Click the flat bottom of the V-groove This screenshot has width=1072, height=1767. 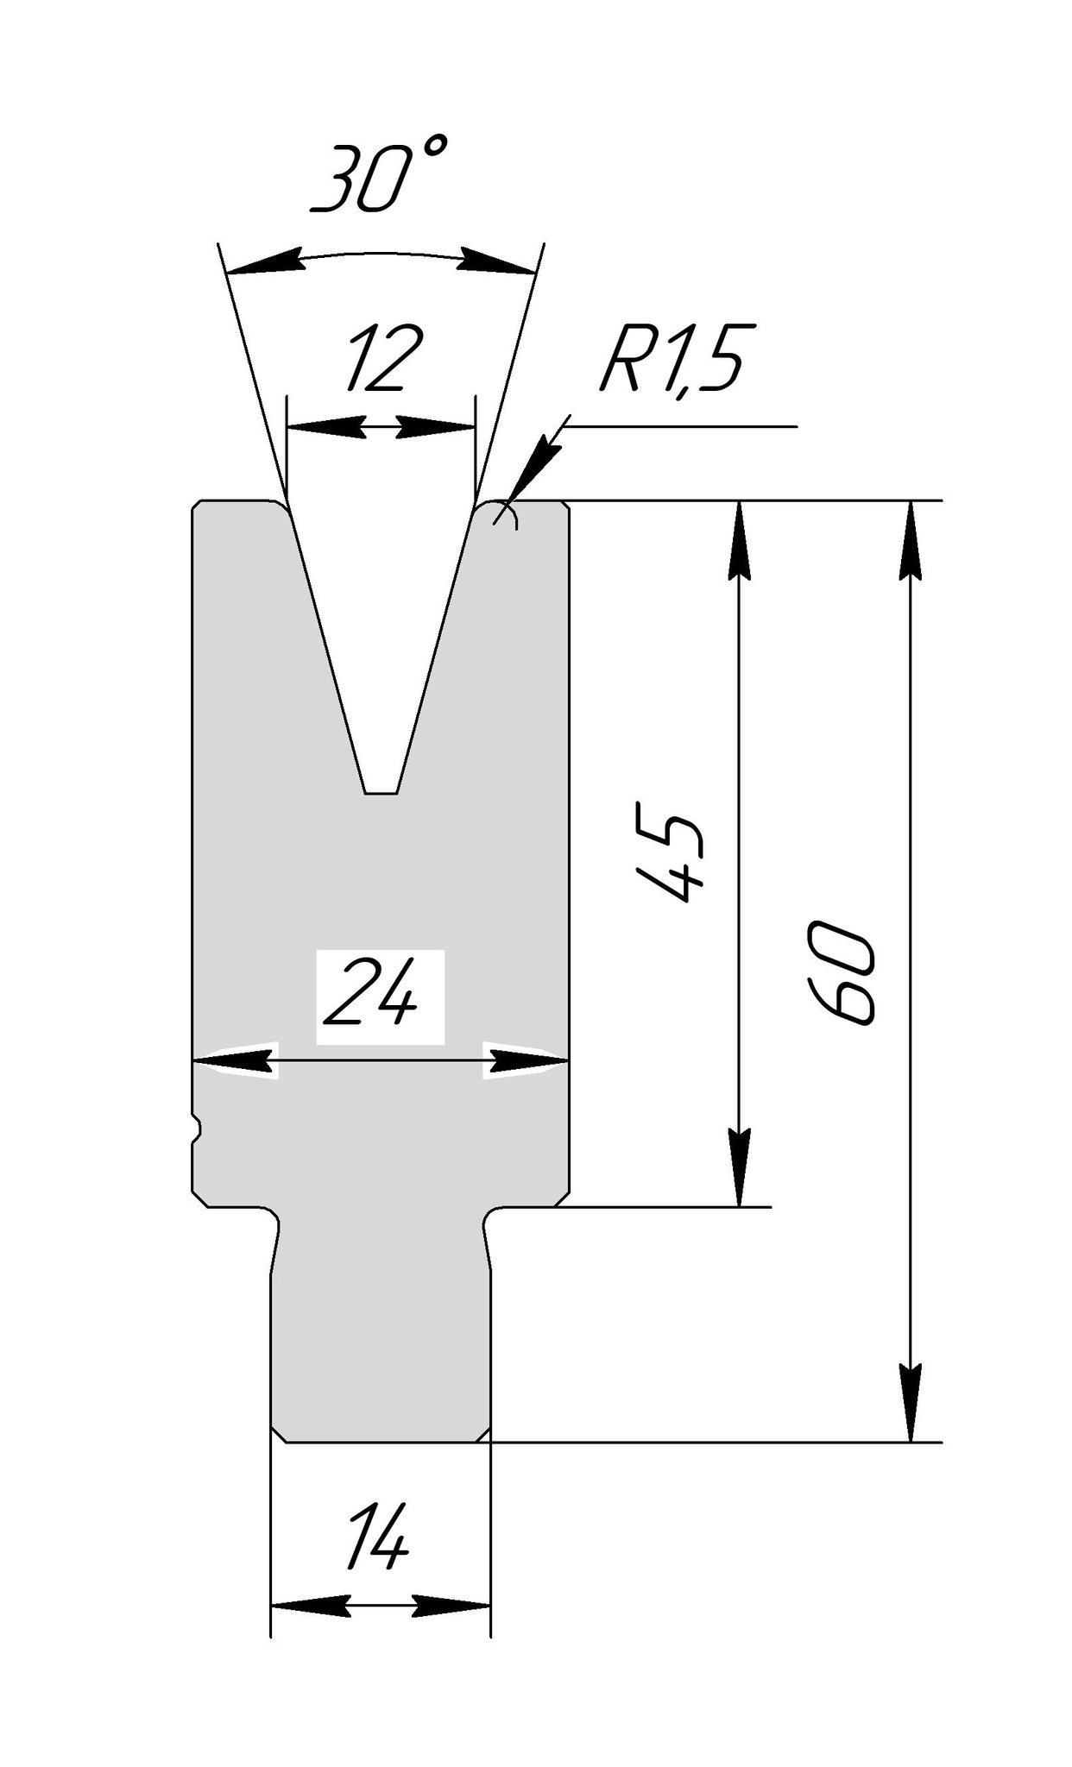(381, 790)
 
